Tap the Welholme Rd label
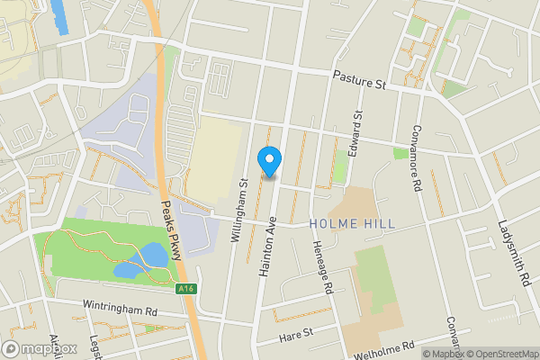coord(384,349)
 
